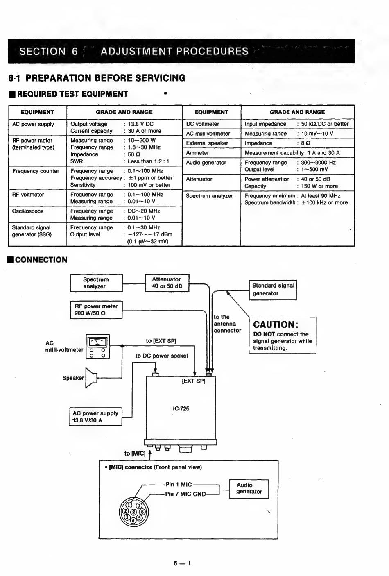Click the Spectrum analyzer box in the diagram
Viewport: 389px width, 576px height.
pyautogui.click(x=96, y=283)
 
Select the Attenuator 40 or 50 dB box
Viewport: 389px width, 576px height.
pyautogui.click(x=167, y=283)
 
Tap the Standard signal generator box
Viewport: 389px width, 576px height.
pyautogui.click(x=273, y=290)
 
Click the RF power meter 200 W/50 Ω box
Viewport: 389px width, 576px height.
pyautogui.click(x=96, y=310)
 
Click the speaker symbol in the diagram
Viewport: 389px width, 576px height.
pyautogui.click(x=92, y=378)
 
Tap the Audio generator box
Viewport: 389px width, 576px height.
pyautogui.click(x=249, y=488)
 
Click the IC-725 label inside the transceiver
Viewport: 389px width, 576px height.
pyautogui.click(x=181, y=408)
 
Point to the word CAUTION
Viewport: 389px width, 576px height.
pyautogui.click(x=276, y=324)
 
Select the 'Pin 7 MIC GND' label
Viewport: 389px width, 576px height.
pyautogui.click(x=185, y=494)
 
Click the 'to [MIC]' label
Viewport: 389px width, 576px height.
pyautogui.click(x=135, y=454)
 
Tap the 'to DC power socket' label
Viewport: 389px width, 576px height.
pyautogui.click(x=162, y=356)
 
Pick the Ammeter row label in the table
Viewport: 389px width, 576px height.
pyautogui.click(x=197, y=153)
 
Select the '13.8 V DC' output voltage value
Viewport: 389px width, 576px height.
pyautogui.click(x=140, y=124)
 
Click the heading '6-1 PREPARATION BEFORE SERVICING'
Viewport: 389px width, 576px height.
pyautogui.click(x=97, y=78)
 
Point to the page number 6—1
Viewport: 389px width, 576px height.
pyautogui.click(x=182, y=563)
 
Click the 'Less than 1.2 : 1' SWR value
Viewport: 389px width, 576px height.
pyautogui.click(x=148, y=161)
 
